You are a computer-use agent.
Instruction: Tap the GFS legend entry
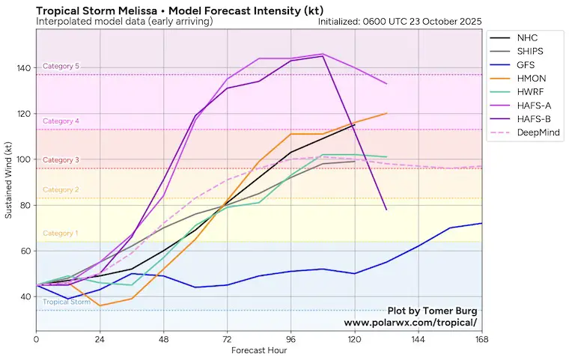pos(526,66)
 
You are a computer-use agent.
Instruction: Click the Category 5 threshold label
pos(61,67)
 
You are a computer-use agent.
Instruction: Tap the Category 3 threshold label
pos(61,160)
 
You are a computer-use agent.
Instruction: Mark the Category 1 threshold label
pos(61,234)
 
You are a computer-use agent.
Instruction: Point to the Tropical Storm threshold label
pos(67,302)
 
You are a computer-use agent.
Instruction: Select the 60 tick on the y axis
pos(25,251)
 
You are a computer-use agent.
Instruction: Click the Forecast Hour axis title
pos(259,350)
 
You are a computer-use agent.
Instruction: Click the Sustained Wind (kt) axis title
pos(9,182)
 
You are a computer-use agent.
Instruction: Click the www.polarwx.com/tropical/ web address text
pos(410,323)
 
